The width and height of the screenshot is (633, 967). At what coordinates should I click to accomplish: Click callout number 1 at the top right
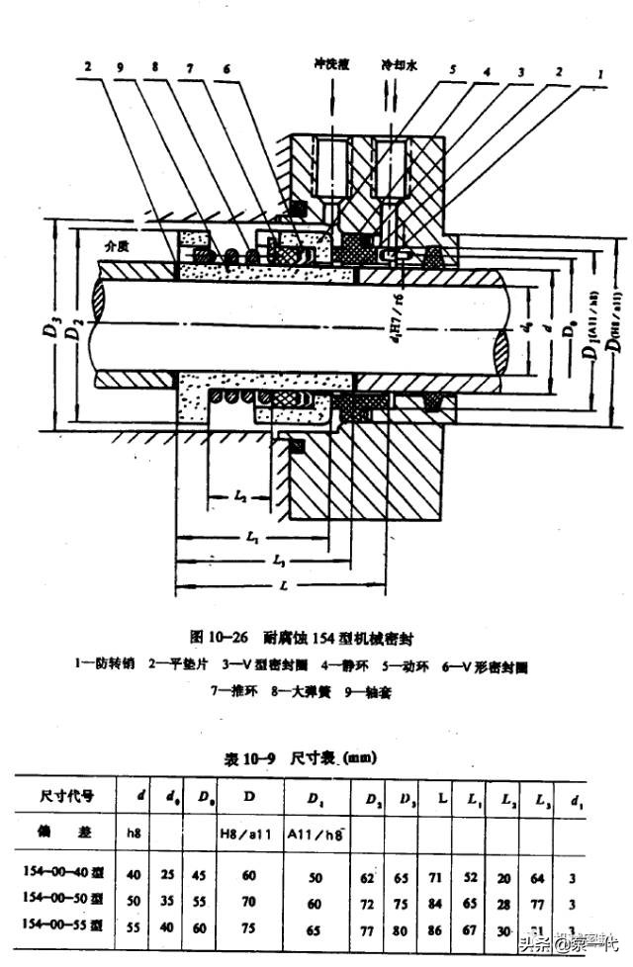point(599,72)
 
